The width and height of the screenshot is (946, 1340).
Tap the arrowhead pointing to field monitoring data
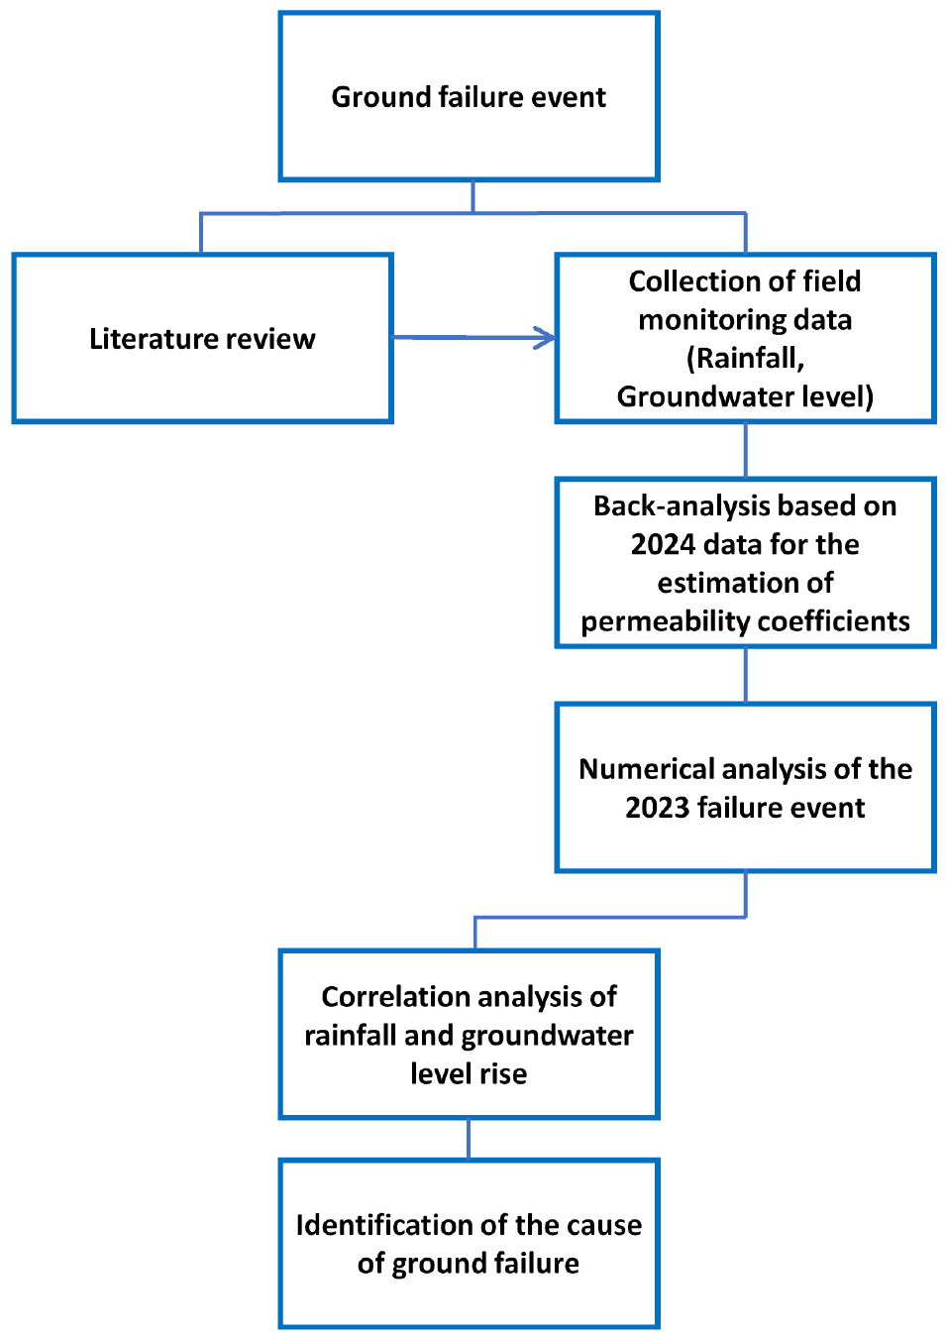545,338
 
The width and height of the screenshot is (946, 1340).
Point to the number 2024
663,544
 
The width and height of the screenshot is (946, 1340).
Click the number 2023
657,808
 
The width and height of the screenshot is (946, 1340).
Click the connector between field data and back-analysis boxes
745,450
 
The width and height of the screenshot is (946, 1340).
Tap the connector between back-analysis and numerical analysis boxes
745,675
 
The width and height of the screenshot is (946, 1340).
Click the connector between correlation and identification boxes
469,1139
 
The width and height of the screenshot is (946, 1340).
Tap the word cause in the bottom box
605,1225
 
